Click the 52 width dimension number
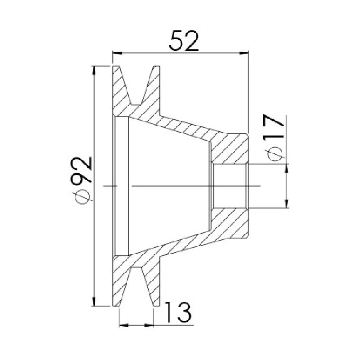tap(184, 41)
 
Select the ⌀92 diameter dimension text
tap(81, 180)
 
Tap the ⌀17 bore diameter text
tap(274, 138)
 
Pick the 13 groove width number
tap(178, 313)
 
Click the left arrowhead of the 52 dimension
tap(117, 53)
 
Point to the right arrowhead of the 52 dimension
tap(244, 53)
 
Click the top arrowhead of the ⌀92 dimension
tap(93, 70)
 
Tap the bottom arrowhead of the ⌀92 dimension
tap(93, 302)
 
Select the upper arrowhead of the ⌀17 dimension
tap(286, 168)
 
